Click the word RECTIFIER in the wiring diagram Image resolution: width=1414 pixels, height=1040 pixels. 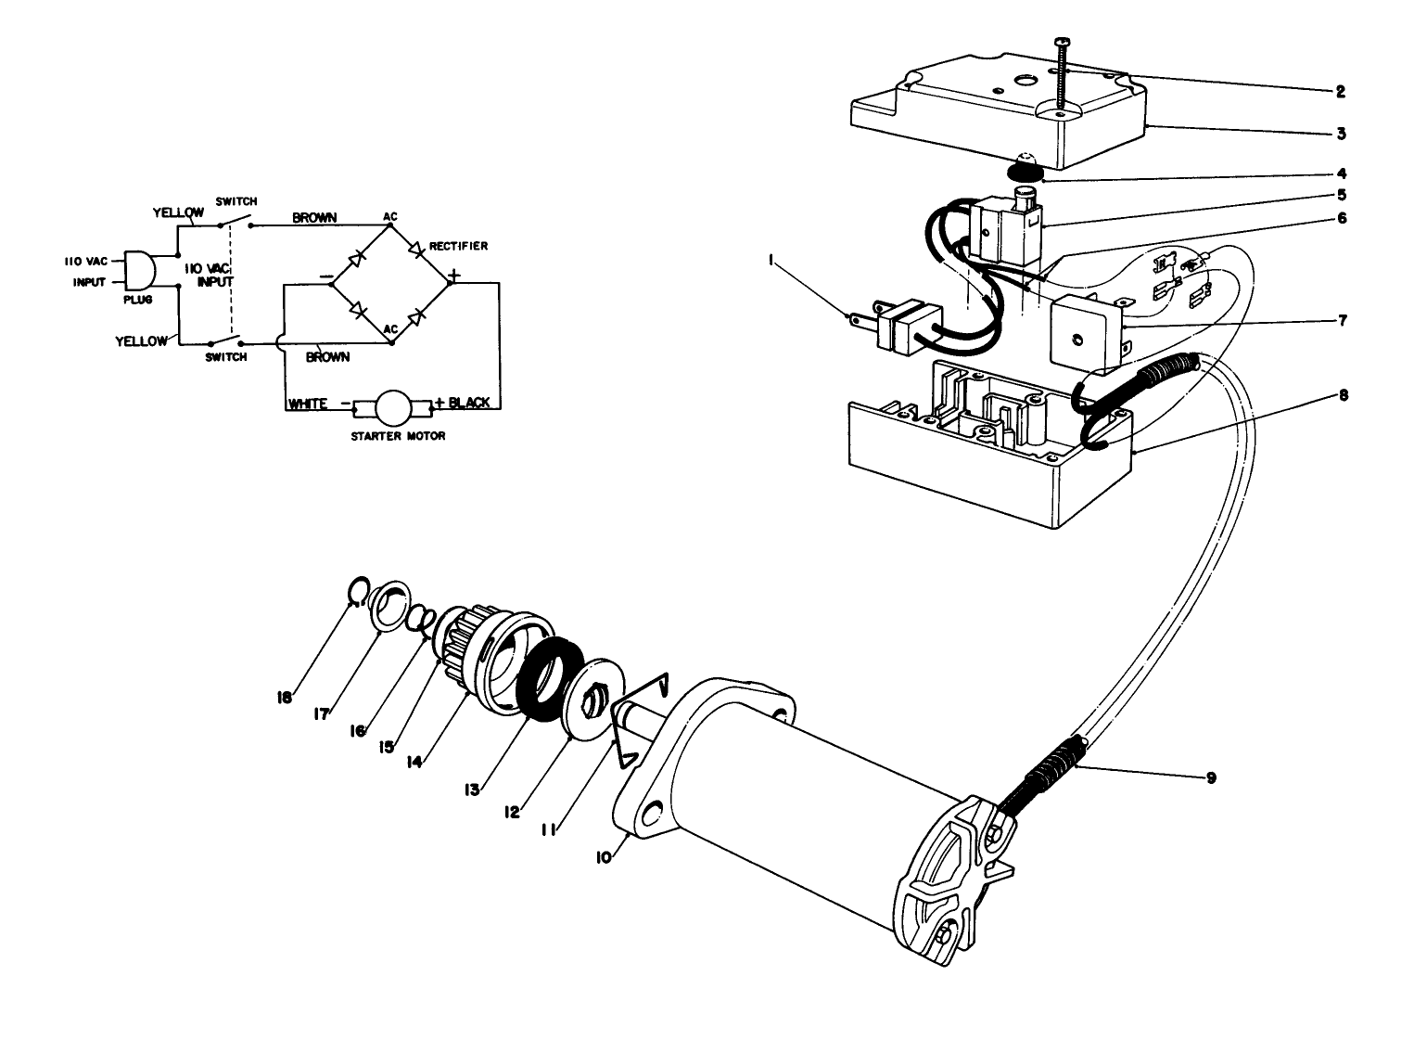[x=458, y=246]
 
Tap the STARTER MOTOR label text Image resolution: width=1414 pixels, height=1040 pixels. [x=397, y=436]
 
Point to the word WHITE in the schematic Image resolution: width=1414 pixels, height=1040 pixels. [x=307, y=404]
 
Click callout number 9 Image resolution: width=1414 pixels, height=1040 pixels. [x=1211, y=777]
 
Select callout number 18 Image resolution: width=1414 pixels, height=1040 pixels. [x=286, y=698]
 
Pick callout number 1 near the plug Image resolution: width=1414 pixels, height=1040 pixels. [x=770, y=263]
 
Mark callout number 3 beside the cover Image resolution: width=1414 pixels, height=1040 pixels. [x=1341, y=134]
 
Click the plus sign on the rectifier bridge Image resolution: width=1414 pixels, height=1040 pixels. [x=454, y=276]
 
